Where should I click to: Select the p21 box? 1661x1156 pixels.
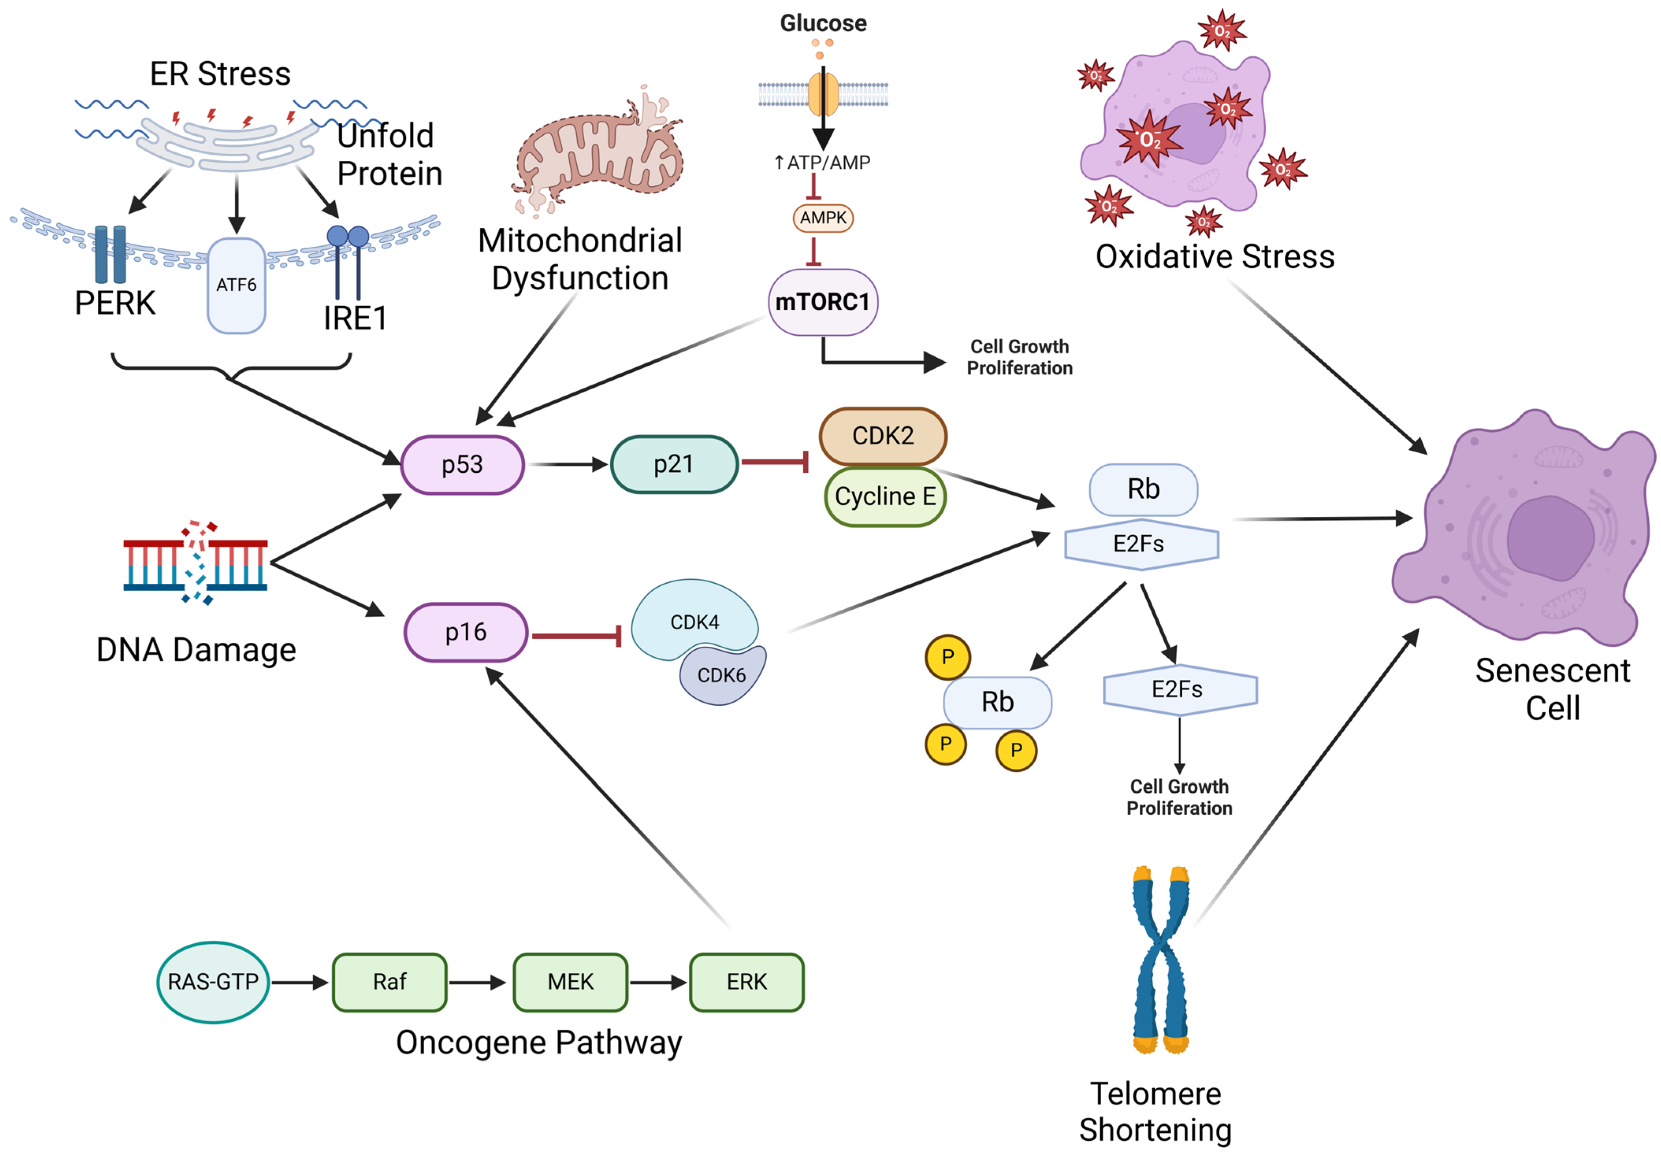[674, 464]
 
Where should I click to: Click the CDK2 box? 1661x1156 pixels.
[883, 436]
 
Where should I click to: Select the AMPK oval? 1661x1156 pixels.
[823, 218]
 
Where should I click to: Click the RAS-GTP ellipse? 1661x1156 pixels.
[214, 982]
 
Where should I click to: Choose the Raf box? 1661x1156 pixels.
[390, 982]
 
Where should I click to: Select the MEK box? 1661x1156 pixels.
[571, 982]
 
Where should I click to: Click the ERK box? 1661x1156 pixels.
[747, 982]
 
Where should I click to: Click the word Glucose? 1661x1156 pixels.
[823, 23]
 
